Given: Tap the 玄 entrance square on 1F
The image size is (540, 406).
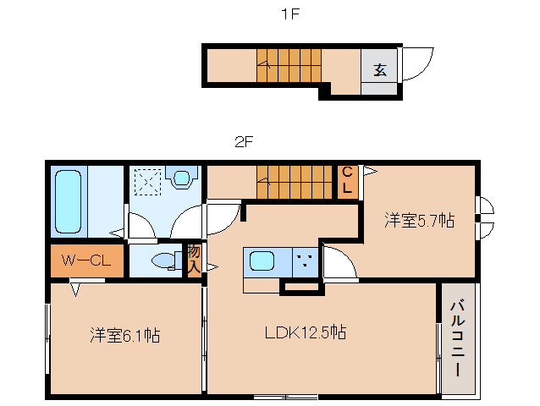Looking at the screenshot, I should point(380,69).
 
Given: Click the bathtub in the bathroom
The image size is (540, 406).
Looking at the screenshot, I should point(69,200).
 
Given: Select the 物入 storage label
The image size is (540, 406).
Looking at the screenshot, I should point(194,259).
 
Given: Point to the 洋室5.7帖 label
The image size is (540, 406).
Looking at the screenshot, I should point(419,222).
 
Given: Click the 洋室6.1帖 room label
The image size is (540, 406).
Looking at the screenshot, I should point(125,336).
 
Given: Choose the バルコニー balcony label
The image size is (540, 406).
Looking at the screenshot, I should point(457,337).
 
